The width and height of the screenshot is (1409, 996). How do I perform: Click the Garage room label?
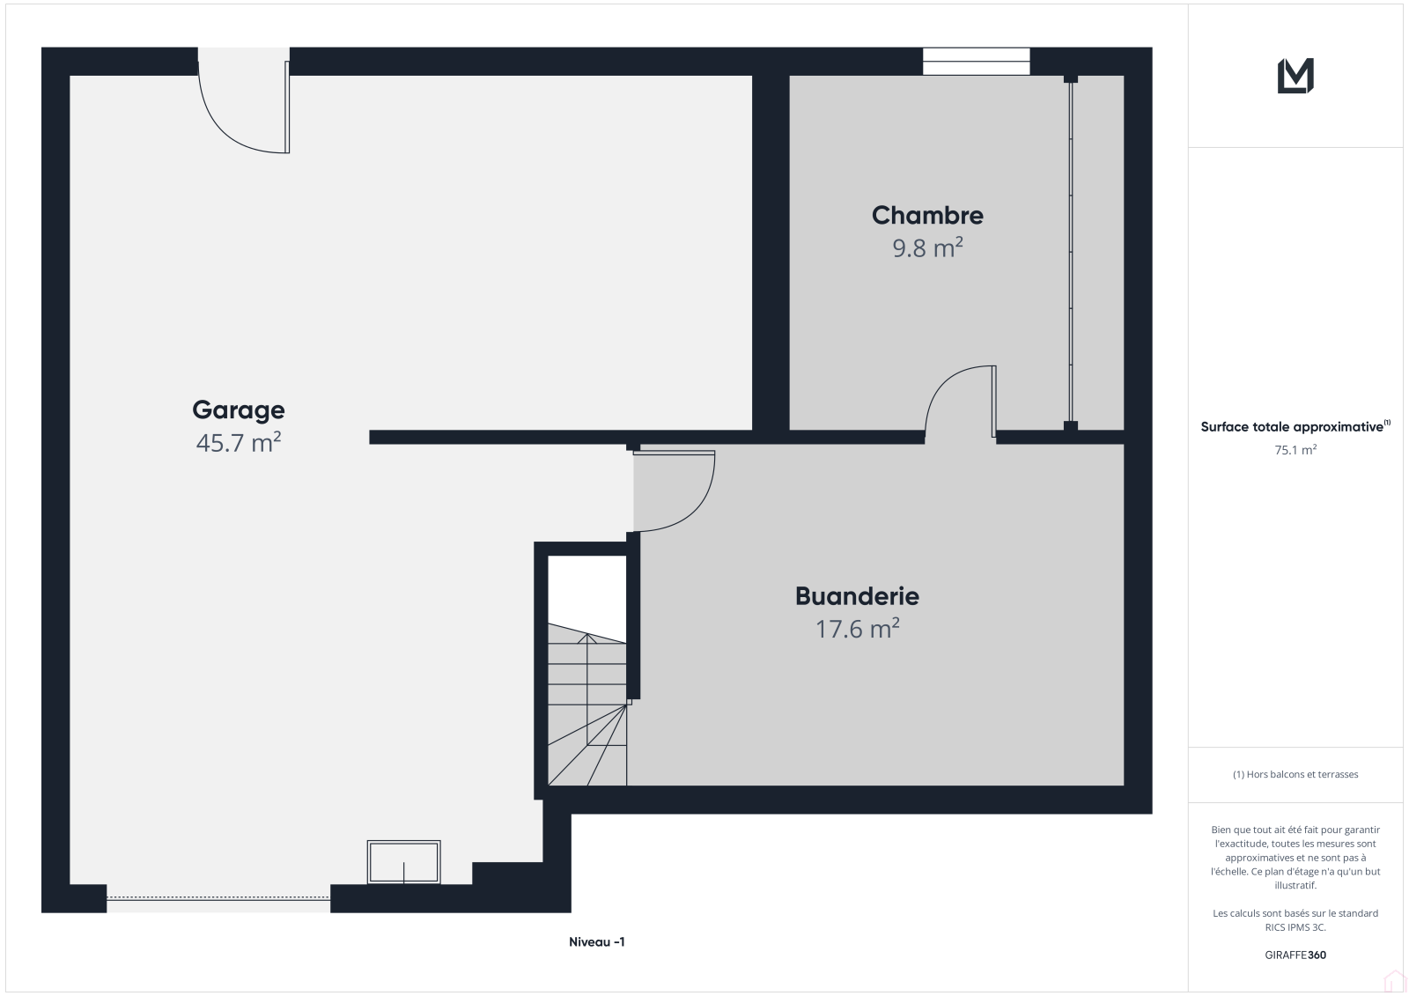[x=239, y=410]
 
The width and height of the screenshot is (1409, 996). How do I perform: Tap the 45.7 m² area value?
[x=239, y=442]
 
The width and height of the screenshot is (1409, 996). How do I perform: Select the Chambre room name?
[x=927, y=215]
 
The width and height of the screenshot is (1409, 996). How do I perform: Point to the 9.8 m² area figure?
[x=927, y=247]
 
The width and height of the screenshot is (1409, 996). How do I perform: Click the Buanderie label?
[x=857, y=596]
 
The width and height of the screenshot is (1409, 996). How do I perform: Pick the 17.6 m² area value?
[x=857, y=629]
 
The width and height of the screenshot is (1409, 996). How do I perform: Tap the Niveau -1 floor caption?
[x=596, y=942]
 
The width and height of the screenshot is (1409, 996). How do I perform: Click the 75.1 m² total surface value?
[x=1295, y=450]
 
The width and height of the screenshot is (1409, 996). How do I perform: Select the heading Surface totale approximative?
[x=1292, y=427]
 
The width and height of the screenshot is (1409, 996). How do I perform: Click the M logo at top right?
[x=1295, y=76]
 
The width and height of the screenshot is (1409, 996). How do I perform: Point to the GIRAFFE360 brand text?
[x=1295, y=955]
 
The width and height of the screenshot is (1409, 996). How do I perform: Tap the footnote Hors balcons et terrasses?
[x=1295, y=774]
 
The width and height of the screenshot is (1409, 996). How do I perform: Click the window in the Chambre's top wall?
[x=977, y=62]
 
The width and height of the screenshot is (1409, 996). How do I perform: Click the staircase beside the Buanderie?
[x=586, y=704]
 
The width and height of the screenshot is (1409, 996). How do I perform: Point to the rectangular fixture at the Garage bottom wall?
[x=404, y=862]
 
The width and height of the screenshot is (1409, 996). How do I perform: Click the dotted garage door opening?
[x=218, y=897]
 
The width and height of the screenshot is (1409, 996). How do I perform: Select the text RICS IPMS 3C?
[x=1295, y=926]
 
